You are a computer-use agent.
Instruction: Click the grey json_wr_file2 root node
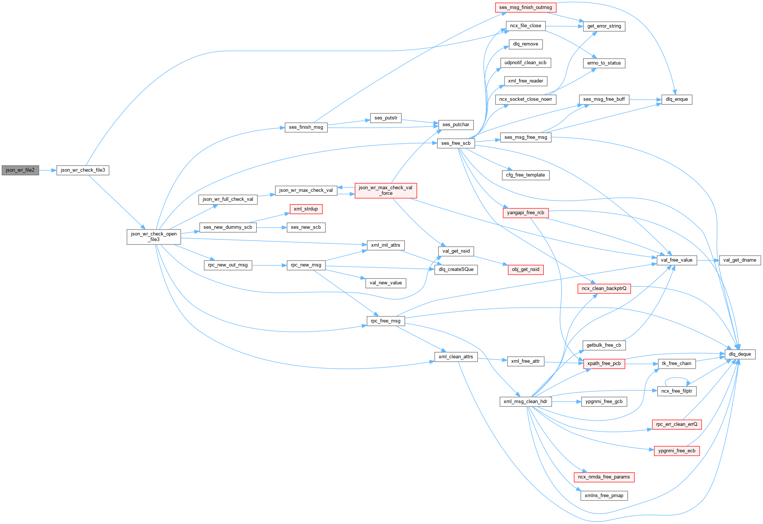(20, 170)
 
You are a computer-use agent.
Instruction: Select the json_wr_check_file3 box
(83, 170)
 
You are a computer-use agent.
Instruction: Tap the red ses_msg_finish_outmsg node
(525, 7)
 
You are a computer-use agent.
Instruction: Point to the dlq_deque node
(739, 354)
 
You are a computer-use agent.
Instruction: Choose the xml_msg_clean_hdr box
(525, 402)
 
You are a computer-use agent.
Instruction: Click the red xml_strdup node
(305, 209)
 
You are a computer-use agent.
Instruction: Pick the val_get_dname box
(739, 260)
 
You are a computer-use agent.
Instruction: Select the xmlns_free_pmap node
(604, 496)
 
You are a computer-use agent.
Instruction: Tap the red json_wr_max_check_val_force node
(385, 190)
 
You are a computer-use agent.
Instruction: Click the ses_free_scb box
(456, 143)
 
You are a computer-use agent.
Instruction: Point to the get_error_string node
(604, 26)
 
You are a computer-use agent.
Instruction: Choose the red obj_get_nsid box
(525, 269)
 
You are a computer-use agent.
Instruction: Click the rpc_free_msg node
(385, 321)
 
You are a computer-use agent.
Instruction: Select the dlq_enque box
(676, 99)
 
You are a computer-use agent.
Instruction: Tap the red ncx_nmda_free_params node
(604, 477)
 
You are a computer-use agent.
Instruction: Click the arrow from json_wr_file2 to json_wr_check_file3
(47, 170)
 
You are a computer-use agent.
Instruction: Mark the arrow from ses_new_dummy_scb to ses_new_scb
(272, 227)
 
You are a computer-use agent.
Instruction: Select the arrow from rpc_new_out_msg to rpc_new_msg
(269, 265)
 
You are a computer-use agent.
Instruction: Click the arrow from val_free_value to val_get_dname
(708, 260)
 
